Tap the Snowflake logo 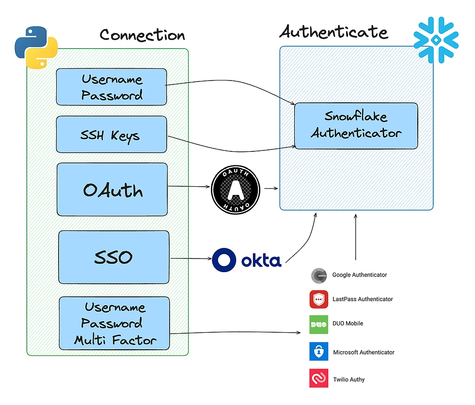click(x=436, y=40)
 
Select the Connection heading click(x=142, y=35)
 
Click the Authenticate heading click(x=333, y=32)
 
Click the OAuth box click(x=112, y=189)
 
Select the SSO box click(x=113, y=257)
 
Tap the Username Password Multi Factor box click(x=114, y=324)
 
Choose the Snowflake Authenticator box click(x=356, y=126)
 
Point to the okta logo click(x=247, y=260)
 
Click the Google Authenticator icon click(x=319, y=275)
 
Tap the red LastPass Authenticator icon click(x=319, y=299)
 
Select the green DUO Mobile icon click(x=319, y=324)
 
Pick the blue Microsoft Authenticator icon click(x=319, y=352)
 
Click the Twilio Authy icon click(x=319, y=378)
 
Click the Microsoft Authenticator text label click(x=364, y=352)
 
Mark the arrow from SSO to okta click(x=190, y=259)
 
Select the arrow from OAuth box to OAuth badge click(x=189, y=186)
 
